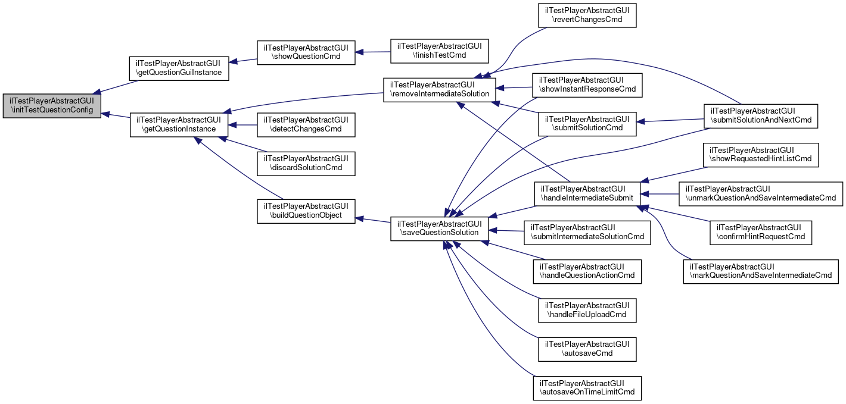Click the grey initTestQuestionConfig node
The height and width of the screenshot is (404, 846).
coord(52,106)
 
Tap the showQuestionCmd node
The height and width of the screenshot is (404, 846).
coord(306,52)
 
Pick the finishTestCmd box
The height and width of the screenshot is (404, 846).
coord(439,51)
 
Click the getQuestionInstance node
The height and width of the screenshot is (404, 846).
coord(179,124)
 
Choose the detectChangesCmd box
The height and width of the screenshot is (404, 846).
coord(306,124)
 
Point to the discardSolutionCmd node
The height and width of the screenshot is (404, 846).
coord(306,163)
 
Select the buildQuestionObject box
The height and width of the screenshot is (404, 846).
coord(306,211)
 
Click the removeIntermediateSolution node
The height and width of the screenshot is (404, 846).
coord(439,89)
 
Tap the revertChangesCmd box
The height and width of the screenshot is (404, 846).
coord(587,14)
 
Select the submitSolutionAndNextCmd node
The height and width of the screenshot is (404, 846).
coord(761,115)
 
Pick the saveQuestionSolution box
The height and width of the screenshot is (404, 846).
coord(439,228)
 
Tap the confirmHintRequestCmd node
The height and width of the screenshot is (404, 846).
coord(761,231)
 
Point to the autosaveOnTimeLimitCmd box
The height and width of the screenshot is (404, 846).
coord(587,387)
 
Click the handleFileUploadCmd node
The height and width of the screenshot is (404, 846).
coord(587,309)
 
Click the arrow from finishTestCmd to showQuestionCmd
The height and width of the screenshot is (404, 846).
coord(372,52)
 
